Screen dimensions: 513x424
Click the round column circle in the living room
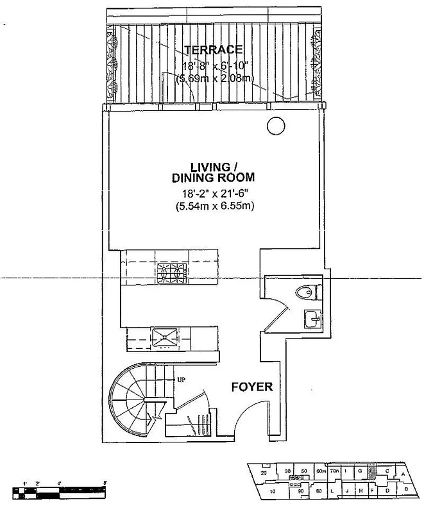point(275,126)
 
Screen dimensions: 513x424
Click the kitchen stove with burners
point(169,274)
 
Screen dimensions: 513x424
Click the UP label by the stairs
point(181,380)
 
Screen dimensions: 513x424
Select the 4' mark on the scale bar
point(59,482)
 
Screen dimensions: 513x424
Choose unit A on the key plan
point(402,475)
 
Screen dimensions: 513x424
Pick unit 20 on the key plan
point(264,473)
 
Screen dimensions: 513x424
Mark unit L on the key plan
point(332,492)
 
